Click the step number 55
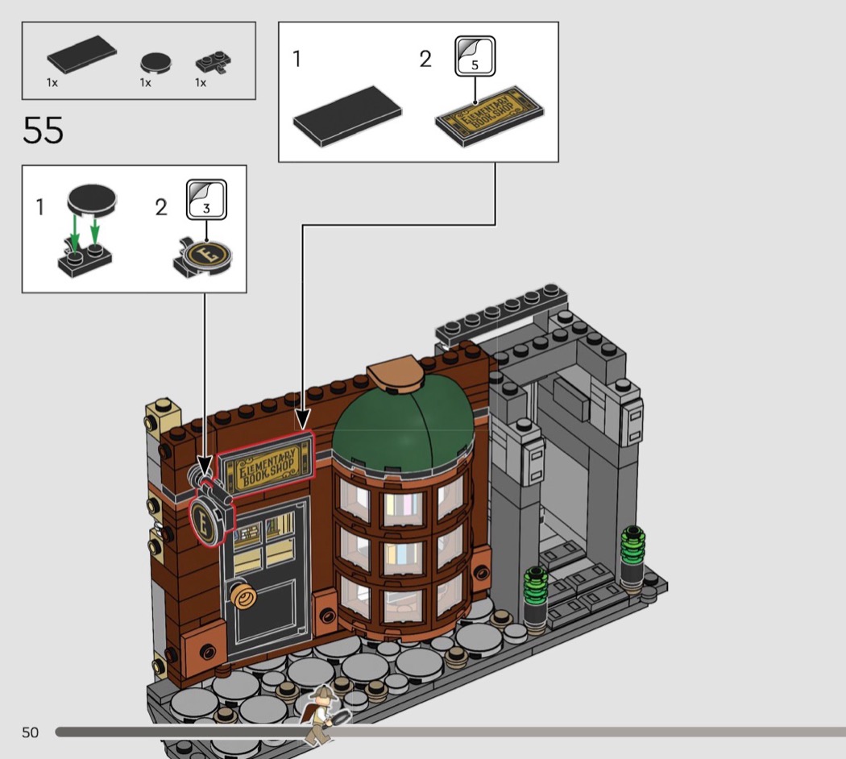point(43,131)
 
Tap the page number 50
point(31,732)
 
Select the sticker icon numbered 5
point(475,56)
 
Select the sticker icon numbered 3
point(206,200)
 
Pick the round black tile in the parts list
point(156,63)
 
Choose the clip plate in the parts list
point(214,63)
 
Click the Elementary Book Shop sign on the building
point(265,463)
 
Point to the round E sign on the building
point(205,521)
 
